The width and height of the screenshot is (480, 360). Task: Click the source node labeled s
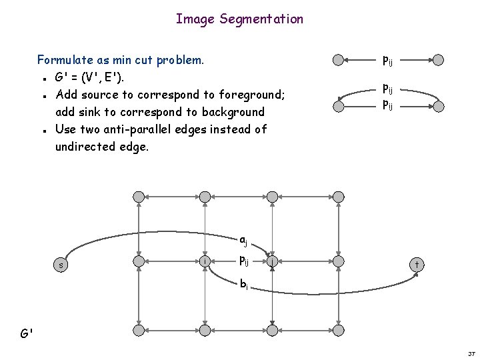(x=61, y=265)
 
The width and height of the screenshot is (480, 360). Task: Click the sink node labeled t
(x=416, y=265)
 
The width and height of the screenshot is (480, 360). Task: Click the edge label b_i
(x=244, y=285)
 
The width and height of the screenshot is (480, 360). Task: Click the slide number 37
(x=471, y=353)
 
